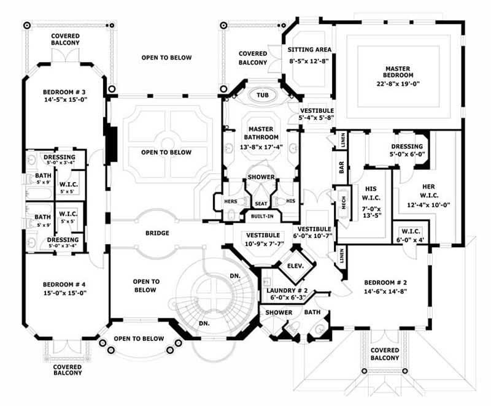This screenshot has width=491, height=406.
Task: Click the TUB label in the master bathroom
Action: click(x=263, y=96)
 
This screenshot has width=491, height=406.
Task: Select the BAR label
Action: click(x=342, y=167)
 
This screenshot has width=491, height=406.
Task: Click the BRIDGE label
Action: click(x=157, y=233)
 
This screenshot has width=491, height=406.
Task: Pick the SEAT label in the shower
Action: click(x=261, y=204)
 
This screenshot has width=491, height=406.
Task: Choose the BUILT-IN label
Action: click(x=262, y=216)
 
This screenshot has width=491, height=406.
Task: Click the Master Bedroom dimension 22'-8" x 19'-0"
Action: click(x=402, y=83)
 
